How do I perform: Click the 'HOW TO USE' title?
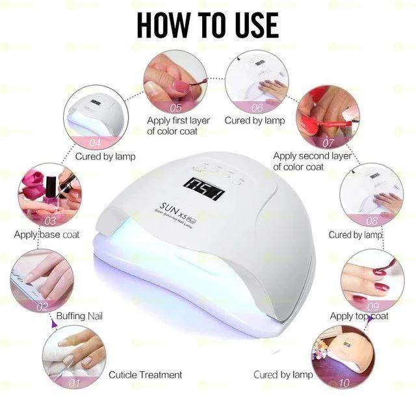coord(208,24)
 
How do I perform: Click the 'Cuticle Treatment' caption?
coord(145,375)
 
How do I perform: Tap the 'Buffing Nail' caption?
coord(79,316)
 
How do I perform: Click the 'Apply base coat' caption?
coord(47,235)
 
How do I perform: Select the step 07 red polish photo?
coord(327,117)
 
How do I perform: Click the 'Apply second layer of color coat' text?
coord(312,161)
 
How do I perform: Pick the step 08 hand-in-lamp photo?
coord(371,195)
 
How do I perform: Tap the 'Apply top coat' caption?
coord(359,316)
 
